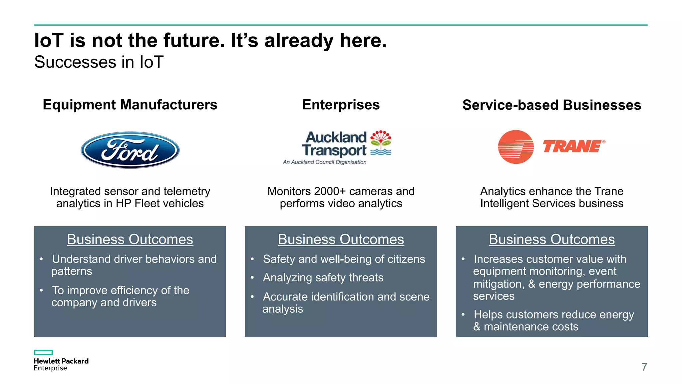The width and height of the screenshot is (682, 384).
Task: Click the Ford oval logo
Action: [x=130, y=150]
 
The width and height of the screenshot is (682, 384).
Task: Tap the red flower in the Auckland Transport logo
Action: [x=381, y=137]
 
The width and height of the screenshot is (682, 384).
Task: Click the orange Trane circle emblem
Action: [x=516, y=147]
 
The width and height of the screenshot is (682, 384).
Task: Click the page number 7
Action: [x=644, y=367]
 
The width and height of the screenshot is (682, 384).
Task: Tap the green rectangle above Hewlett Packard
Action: [x=43, y=352]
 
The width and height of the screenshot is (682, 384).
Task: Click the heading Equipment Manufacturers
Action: [x=130, y=105]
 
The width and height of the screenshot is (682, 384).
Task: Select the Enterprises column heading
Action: [x=341, y=105]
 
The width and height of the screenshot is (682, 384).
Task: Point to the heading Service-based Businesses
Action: [x=551, y=105]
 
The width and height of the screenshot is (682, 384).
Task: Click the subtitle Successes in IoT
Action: [x=99, y=62]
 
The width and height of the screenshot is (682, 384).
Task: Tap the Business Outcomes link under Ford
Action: [x=130, y=239]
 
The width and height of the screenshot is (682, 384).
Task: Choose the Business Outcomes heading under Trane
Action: [x=551, y=239]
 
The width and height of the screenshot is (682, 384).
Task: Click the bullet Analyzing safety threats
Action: [x=323, y=278]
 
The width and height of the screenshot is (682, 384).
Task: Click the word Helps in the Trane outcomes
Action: [x=489, y=314]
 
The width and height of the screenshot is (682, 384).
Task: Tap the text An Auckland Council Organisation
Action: [x=324, y=162]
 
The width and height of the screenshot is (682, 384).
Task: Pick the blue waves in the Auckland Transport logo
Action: [x=381, y=152]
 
